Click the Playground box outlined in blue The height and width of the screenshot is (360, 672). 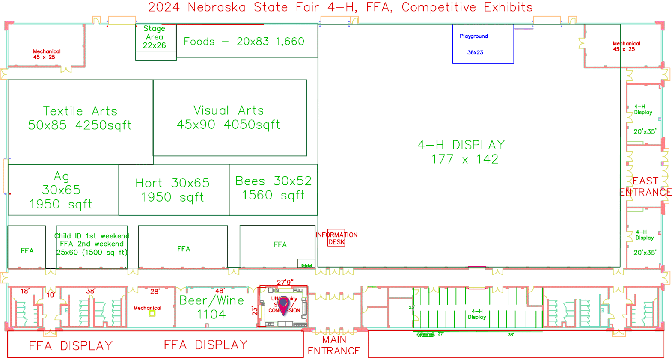point(483,44)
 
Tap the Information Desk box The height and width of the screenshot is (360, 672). point(336,238)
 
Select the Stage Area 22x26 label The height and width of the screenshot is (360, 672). point(155,37)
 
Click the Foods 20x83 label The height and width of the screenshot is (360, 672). point(244,42)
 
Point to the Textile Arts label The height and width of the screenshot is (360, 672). point(80,118)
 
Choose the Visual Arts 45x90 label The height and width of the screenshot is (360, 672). point(229,117)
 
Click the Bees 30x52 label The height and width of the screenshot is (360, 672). point(274,188)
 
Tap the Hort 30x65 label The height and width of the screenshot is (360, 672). point(172,190)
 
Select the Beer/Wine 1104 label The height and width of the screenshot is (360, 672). point(211,307)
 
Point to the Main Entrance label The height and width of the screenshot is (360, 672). point(334,345)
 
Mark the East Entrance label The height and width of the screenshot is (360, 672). point(645,187)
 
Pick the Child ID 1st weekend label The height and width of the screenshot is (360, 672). point(92,236)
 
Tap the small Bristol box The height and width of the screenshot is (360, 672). point(306,264)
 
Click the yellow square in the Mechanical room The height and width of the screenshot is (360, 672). point(152,313)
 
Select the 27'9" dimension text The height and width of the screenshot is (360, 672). point(285,282)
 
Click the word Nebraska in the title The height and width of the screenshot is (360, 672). point(217,7)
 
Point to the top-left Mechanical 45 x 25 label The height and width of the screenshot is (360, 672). point(47,54)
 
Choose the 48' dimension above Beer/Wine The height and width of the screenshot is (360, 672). point(220,291)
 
